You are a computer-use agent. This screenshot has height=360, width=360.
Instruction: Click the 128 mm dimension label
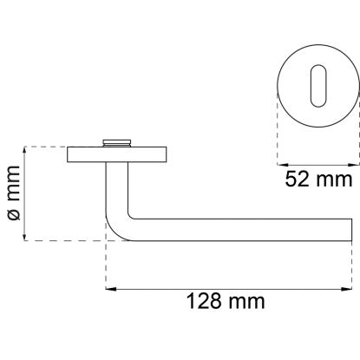pos(226,301)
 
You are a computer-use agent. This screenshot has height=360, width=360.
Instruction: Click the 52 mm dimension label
pos(318,180)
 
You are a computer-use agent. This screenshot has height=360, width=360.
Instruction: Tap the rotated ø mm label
pos(14,193)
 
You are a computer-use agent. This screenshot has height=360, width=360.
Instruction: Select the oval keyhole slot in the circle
pos(318,86)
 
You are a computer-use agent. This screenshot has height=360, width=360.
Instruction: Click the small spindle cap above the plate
pos(117,143)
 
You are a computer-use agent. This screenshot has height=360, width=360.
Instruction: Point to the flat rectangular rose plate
pos(117,154)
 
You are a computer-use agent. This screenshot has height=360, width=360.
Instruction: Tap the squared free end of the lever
pos(351,230)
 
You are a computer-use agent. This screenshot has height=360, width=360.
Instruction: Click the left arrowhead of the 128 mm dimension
pos(111,289)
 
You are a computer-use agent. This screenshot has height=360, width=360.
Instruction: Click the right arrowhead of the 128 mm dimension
pos(347,289)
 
